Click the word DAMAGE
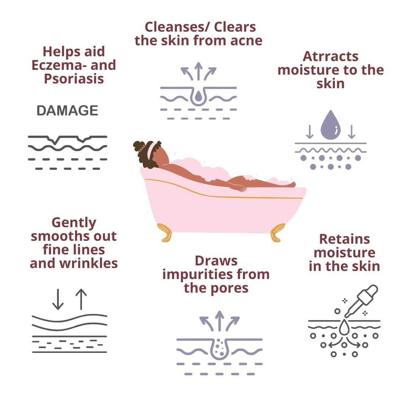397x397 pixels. point(67,111)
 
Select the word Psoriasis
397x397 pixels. point(74,79)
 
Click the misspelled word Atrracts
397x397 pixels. point(330,56)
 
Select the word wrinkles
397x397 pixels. point(88,263)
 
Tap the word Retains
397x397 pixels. point(344,239)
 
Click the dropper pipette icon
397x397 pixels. point(361,301)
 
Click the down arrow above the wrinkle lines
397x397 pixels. point(58,299)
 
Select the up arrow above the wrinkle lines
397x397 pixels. point(81,299)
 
